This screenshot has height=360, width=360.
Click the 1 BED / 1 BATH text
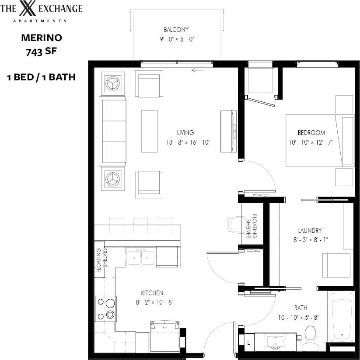41,78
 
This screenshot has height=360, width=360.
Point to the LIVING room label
185,133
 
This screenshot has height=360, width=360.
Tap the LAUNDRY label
310,230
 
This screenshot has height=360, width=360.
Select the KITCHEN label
152,293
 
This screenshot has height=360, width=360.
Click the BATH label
301,308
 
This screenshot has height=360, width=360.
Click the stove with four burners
105,308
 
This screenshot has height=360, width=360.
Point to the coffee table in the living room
149,131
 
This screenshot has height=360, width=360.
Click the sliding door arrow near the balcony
198,69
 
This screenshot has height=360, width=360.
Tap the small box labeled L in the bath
248,344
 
